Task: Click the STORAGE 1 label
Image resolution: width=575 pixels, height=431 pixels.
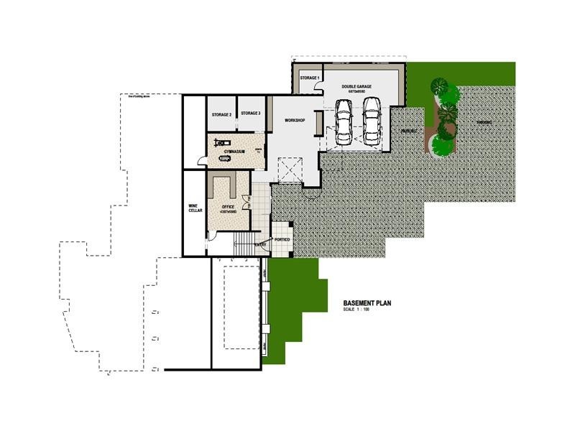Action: click(309, 78)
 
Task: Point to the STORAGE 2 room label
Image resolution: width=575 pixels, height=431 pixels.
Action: click(221, 114)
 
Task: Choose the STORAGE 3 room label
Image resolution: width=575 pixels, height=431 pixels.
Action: click(250, 113)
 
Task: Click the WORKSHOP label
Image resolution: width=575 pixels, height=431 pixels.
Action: click(295, 120)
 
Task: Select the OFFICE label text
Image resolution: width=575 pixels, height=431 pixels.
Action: click(229, 206)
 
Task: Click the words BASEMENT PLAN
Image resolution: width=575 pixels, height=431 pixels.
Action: click(367, 303)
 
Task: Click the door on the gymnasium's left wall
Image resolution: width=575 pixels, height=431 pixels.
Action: click(202, 161)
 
